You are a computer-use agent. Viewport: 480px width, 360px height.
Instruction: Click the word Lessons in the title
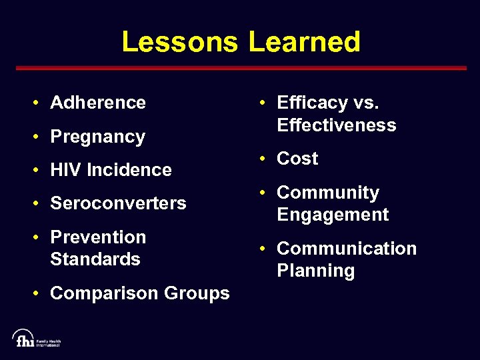pos(179,42)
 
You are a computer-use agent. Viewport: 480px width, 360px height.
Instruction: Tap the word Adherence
pos(98,103)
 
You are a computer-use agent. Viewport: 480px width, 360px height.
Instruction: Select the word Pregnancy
pos(97,137)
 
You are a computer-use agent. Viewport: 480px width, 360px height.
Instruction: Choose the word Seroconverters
pos(118,203)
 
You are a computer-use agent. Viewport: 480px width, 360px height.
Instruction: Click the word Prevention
pos(98,237)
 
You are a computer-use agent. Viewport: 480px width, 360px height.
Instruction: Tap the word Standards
pos(95,259)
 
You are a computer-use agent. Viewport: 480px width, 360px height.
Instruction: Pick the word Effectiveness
pos(337,125)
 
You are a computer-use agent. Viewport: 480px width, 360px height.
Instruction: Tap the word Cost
pos(297,159)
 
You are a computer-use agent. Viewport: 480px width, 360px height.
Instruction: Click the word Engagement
pos(333,215)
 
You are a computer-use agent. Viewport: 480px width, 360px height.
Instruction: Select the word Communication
pos(347,249)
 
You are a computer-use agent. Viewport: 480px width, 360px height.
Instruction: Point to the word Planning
pos(316,271)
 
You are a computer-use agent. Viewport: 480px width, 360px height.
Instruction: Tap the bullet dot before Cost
pos(264,159)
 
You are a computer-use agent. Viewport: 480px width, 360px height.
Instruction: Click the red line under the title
pos(240,68)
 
